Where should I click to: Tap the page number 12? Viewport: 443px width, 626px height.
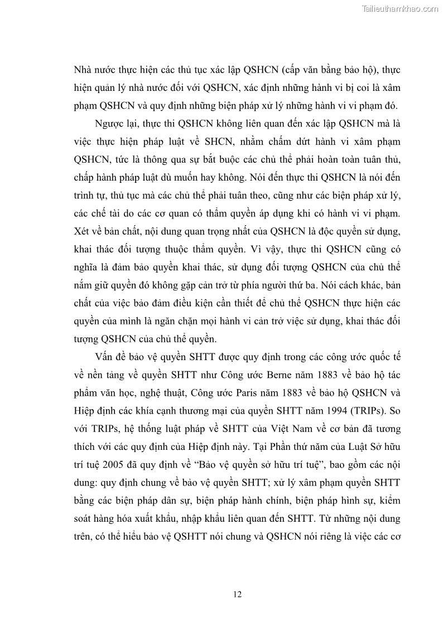pos(237,594)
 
